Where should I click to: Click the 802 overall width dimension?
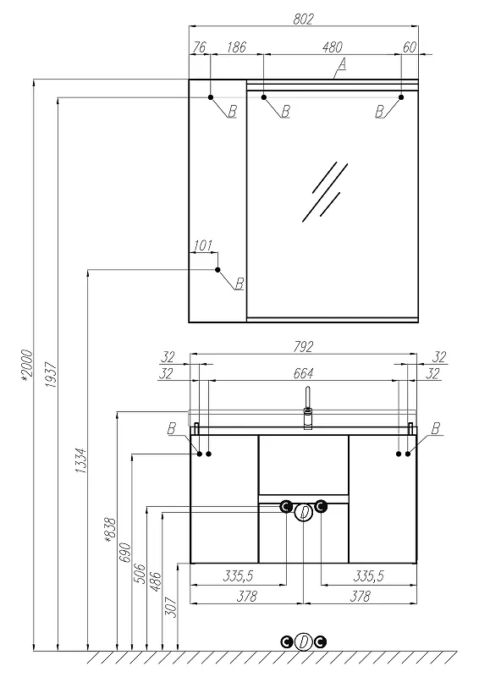[x=303, y=19]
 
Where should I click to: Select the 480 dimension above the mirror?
[x=332, y=47]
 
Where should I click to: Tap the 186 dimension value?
[x=237, y=47]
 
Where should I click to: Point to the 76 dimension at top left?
[x=200, y=47]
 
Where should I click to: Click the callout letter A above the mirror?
[x=342, y=64]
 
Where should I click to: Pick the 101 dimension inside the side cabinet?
[x=202, y=245]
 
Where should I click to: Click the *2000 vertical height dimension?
[x=27, y=366]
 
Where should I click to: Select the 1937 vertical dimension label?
[x=51, y=374]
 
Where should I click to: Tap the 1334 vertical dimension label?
[x=81, y=460]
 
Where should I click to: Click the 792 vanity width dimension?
[x=303, y=347]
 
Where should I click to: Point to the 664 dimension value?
[x=303, y=372]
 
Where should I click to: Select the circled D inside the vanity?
[x=304, y=513]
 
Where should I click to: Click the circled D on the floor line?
[x=304, y=642]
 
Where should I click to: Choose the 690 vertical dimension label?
[x=124, y=553]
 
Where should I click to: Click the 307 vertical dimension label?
[x=172, y=608]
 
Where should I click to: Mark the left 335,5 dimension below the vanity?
[x=238, y=575]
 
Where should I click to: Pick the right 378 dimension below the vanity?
[x=360, y=597]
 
